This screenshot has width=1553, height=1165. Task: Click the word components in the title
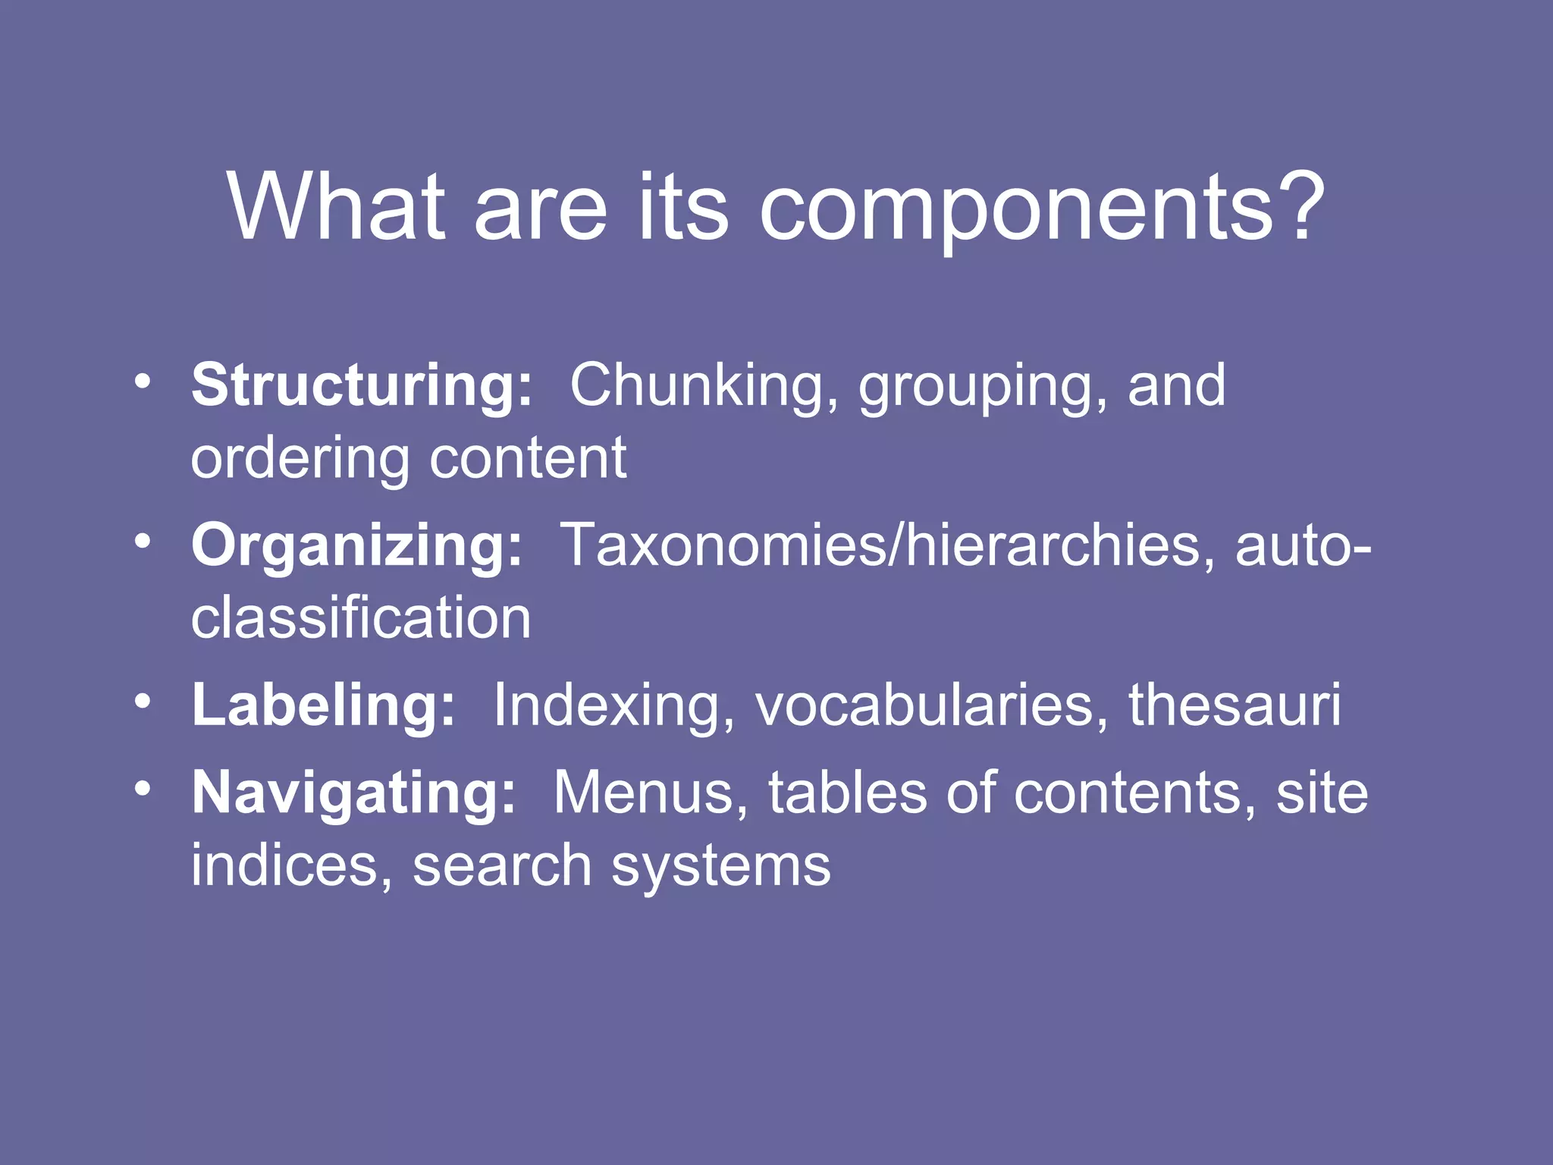click(x=1016, y=209)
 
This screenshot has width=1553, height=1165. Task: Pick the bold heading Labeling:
click(x=323, y=705)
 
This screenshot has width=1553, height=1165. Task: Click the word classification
click(x=361, y=617)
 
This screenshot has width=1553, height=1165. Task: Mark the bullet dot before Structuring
click(x=142, y=380)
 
